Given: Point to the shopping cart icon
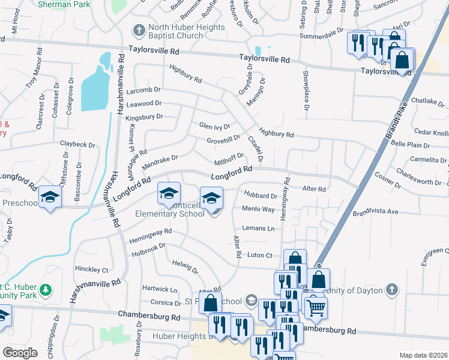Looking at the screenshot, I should (x=316, y=308).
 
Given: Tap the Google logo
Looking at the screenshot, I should (x=20, y=352).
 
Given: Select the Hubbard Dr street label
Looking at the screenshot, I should (x=261, y=194).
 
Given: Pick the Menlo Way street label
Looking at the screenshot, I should (x=258, y=209).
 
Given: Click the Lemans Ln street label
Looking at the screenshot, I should (x=258, y=229).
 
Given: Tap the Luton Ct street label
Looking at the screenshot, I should (x=259, y=255).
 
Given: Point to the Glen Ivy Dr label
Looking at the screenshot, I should (x=215, y=126).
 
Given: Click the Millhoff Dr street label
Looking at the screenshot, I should (x=228, y=160).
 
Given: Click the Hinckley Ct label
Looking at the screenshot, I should (x=92, y=270).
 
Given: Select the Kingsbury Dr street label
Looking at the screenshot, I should (x=144, y=116).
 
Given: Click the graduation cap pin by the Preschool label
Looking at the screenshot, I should (x=50, y=197).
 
